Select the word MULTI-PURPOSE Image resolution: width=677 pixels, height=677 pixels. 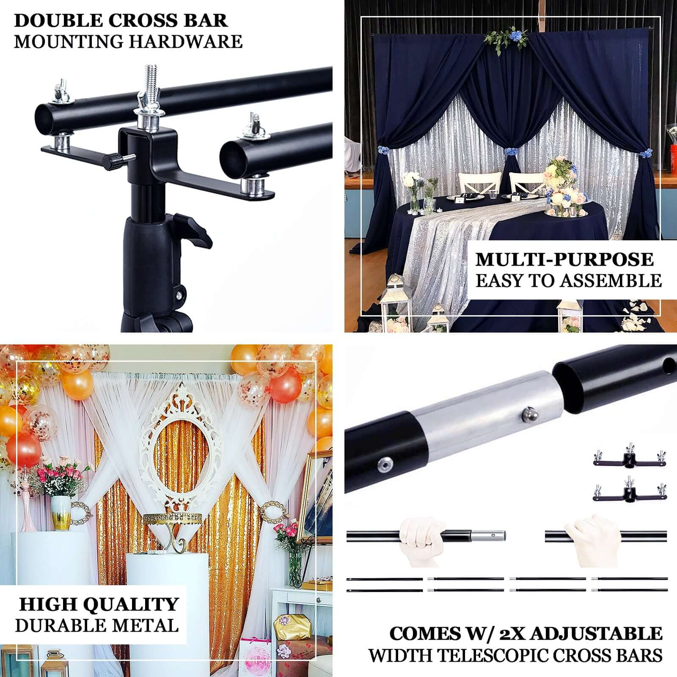click(564, 259)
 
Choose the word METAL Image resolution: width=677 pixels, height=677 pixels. click(149, 625)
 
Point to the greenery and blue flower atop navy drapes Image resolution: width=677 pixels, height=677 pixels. click(506, 39)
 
